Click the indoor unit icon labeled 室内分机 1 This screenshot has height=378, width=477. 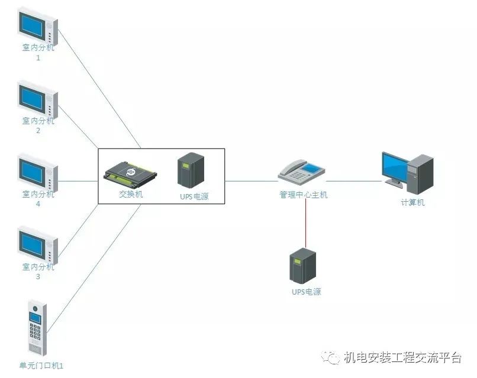(38, 25)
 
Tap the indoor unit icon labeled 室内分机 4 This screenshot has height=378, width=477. (38, 172)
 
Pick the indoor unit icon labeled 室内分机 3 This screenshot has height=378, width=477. (38, 245)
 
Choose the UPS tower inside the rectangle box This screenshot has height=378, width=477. (191, 170)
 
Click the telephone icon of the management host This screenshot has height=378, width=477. (301, 172)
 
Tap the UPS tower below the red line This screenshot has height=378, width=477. (302, 266)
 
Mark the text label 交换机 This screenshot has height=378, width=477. (131, 194)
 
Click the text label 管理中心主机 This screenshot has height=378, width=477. (303, 195)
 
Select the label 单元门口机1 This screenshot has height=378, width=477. (41, 366)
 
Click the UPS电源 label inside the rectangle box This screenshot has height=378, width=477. (193, 196)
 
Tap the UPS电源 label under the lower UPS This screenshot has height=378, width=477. (306, 292)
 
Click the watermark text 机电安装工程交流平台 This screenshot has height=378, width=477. (402, 358)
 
